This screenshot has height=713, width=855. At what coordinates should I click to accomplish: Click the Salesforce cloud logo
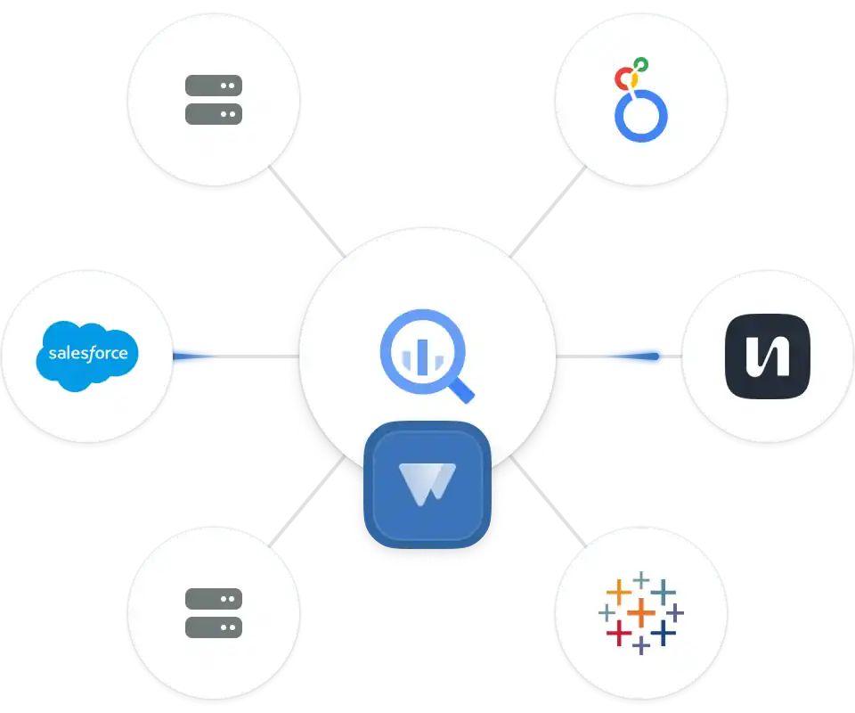tap(87, 354)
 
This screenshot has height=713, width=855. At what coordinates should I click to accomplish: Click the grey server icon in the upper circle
tap(214, 100)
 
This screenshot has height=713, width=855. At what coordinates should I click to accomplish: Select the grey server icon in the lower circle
tap(214, 612)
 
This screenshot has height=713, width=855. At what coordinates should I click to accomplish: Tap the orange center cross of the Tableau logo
tap(640, 612)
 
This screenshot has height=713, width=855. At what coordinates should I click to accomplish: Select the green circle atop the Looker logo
tap(640, 64)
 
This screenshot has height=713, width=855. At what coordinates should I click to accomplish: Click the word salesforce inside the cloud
tap(87, 354)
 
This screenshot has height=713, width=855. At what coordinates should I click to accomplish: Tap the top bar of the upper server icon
tap(214, 86)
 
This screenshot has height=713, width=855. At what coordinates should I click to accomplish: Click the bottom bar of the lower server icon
tap(214, 627)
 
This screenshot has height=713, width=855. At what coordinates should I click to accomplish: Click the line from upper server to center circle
tap(307, 212)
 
